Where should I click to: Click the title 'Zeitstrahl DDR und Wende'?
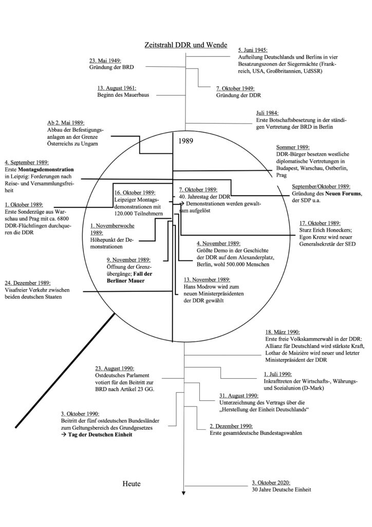point(186,45)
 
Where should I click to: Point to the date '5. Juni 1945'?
point(253,50)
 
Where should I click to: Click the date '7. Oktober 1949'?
point(234,89)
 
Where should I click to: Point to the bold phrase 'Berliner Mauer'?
point(126,282)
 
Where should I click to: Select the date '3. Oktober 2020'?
point(271,483)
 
